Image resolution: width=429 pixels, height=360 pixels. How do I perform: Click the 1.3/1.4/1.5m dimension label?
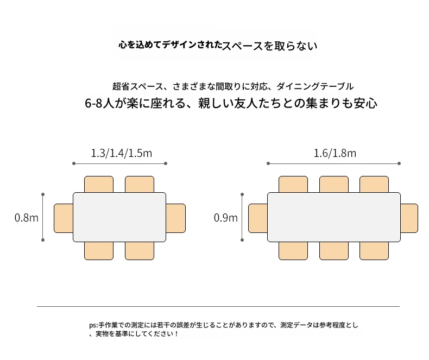click(x=121, y=153)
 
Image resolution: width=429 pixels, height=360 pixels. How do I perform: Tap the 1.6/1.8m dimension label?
click(x=335, y=153)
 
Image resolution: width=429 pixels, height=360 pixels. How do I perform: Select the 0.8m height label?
click(x=26, y=218)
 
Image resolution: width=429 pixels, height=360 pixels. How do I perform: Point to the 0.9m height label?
click(x=226, y=218)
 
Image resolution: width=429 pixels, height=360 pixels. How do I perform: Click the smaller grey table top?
click(x=119, y=217)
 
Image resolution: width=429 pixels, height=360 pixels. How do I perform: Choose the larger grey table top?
click(x=334, y=217)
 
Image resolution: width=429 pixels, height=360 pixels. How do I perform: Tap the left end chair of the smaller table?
click(x=64, y=218)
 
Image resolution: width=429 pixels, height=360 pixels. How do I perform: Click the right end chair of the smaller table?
click(x=175, y=218)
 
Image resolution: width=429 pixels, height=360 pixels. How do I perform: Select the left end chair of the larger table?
click(x=258, y=218)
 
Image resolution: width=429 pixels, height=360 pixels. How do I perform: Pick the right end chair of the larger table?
click(x=409, y=218)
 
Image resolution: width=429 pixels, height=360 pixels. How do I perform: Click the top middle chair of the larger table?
click(x=334, y=185)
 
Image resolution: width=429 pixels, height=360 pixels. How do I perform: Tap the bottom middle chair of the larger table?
click(x=334, y=251)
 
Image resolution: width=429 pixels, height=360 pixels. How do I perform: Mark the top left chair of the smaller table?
click(x=99, y=185)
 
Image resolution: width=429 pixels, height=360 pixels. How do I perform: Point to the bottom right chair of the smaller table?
click(x=140, y=251)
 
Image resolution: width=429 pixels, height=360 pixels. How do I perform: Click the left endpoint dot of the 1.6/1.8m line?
click(x=268, y=163)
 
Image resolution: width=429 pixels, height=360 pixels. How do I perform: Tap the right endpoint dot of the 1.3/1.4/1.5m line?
click(x=166, y=163)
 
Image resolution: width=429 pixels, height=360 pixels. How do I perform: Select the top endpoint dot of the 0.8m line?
click(x=43, y=194)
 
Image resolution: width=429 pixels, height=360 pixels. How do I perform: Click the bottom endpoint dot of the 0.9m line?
click(x=242, y=240)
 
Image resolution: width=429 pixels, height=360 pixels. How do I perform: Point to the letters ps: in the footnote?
click(x=93, y=325)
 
